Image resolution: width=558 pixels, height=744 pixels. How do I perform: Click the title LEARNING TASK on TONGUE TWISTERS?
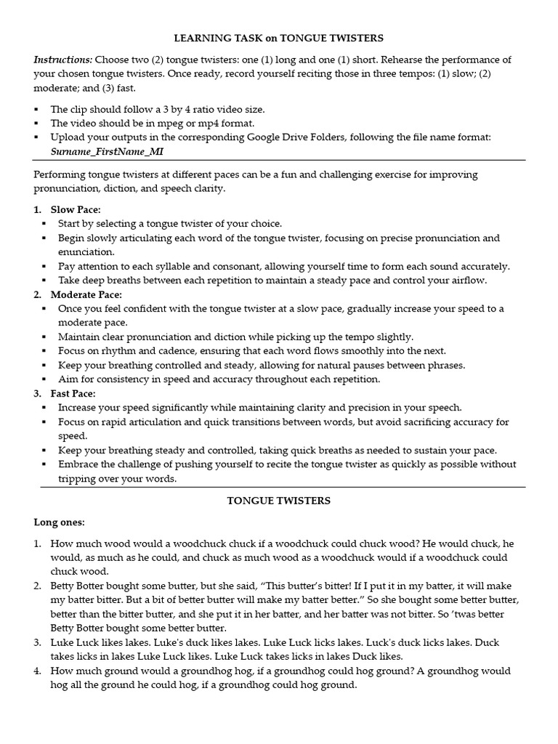(279, 37)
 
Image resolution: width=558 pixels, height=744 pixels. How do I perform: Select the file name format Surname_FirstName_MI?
(107, 151)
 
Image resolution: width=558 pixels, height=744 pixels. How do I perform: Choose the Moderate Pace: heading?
(86, 294)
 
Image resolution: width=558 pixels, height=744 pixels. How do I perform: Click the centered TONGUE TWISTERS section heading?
(279, 501)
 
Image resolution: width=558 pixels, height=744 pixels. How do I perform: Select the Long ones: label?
(60, 522)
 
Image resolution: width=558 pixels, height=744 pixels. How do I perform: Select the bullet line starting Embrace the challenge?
(286, 464)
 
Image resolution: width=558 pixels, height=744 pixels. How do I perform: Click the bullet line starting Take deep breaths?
(272, 280)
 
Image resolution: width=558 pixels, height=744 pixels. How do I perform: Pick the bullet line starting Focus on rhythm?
(251, 351)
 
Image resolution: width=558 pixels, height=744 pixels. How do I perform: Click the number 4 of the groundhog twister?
(37, 671)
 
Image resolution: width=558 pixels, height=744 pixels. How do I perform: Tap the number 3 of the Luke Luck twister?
(37, 642)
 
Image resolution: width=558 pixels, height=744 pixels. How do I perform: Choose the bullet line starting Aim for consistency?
(219, 379)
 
